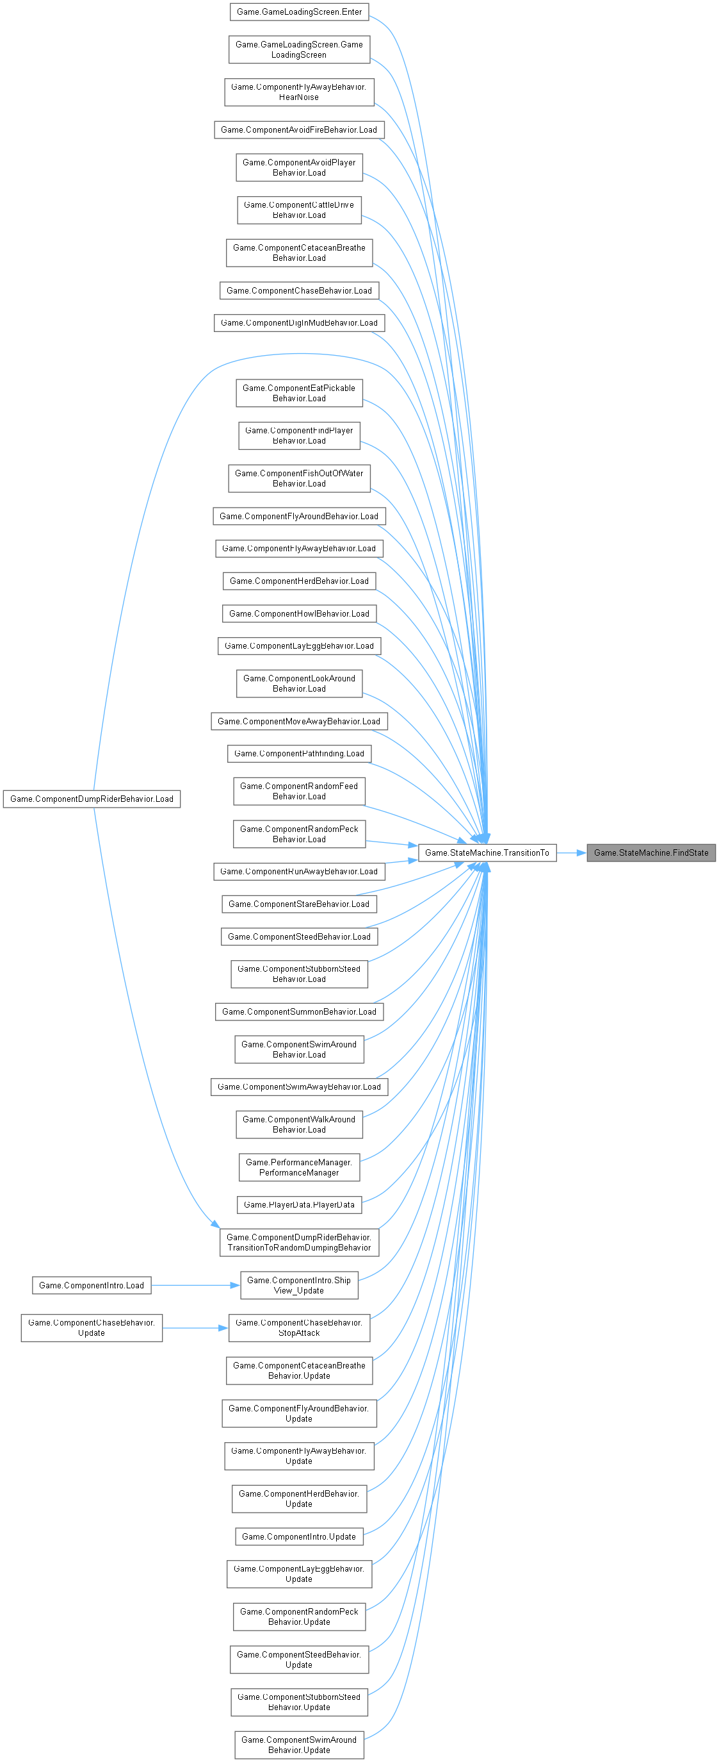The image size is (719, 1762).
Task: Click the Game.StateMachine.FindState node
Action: [650, 852]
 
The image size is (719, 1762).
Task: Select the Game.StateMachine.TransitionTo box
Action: [487, 852]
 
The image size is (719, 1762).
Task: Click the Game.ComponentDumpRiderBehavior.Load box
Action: [92, 799]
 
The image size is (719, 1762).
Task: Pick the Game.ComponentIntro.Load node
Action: [92, 1285]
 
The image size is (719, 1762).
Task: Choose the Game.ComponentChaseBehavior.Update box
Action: [92, 1327]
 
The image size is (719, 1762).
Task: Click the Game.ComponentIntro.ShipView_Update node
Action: [298, 1285]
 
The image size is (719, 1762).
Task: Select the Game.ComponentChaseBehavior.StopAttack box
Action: [298, 1327]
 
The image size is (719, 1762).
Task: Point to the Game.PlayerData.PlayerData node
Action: [298, 1204]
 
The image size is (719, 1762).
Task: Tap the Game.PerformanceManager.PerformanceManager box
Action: [298, 1167]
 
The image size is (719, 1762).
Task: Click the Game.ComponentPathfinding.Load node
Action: [298, 753]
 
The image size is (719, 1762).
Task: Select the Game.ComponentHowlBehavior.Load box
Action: [298, 613]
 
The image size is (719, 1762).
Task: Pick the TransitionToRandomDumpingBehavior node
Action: [298, 1242]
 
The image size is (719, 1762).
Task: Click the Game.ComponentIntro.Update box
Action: [298, 1536]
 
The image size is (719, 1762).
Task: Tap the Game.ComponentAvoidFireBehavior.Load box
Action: [298, 130]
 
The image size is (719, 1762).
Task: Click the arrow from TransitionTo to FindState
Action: [571, 852]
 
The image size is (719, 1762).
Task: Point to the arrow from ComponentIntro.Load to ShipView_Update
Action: [195, 1285]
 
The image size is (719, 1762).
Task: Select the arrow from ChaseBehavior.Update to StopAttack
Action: [195, 1327]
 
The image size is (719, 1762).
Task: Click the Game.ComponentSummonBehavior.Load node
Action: [298, 1011]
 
